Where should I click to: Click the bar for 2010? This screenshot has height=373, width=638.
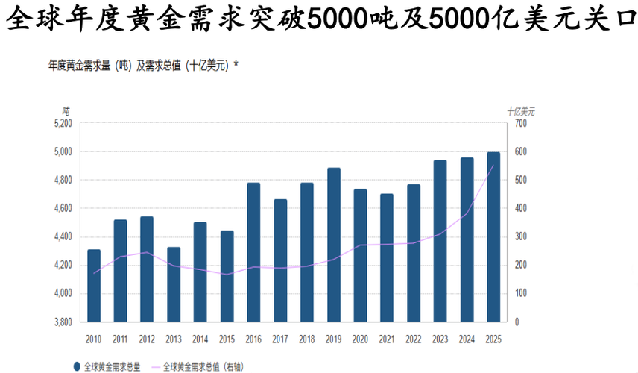click(94, 285)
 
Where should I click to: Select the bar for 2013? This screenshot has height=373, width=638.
click(174, 284)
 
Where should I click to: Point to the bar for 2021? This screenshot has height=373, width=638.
click(386, 257)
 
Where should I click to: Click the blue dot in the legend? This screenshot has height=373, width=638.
click(78, 366)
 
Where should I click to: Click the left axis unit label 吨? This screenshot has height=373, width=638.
click(66, 111)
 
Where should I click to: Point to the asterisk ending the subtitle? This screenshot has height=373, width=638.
click(236, 65)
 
